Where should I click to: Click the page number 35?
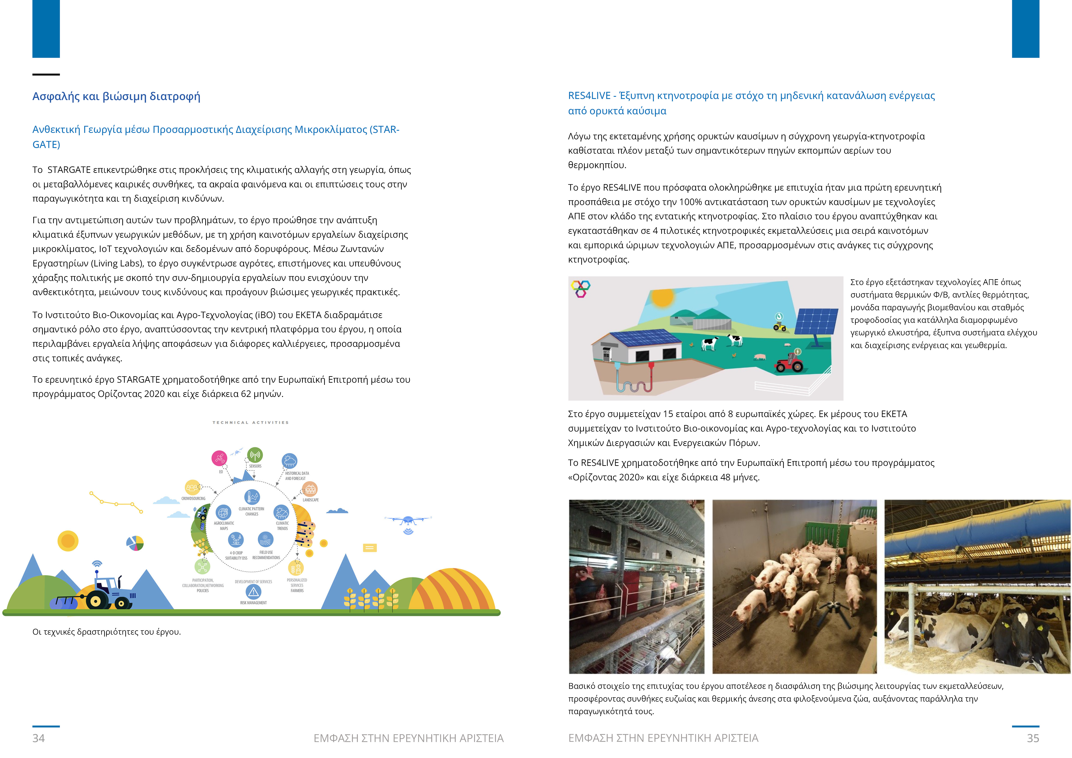click(x=1033, y=738)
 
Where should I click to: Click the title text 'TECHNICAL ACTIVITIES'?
click(x=251, y=422)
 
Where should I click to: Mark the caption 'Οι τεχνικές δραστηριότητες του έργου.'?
click(x=107, y=632)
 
